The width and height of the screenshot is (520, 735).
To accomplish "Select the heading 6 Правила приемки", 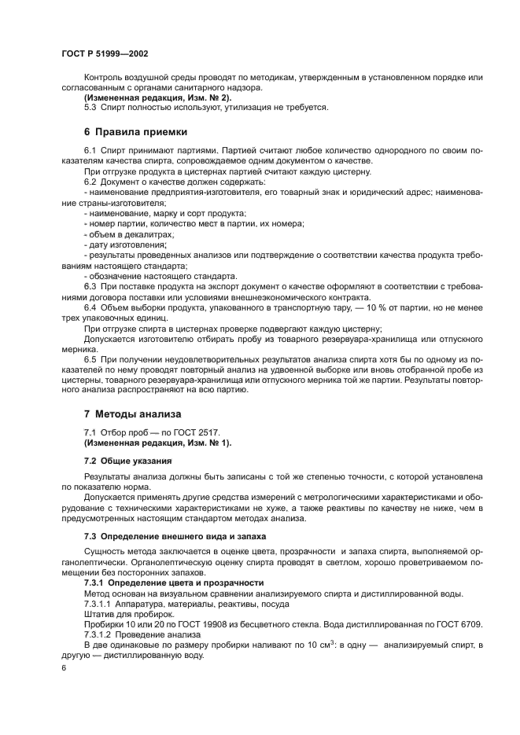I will click(135, 131).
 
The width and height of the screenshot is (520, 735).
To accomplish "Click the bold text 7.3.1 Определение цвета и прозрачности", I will click(173, 582).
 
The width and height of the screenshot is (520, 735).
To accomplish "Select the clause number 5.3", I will click(90, 107).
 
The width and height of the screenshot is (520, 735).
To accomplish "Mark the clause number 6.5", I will click(90, 358).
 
